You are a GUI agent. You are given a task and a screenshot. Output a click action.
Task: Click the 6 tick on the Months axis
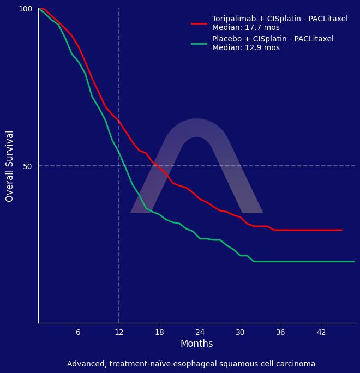(x=78, y=333)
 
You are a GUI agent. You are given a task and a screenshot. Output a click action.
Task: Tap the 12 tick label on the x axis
(x=119, y=333)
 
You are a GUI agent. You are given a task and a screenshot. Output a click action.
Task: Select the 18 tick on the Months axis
(x=159, y=333)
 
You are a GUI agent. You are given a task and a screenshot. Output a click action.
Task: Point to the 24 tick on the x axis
(x=200, y=333)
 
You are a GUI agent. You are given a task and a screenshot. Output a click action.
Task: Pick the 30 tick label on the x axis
(x=240, y=333)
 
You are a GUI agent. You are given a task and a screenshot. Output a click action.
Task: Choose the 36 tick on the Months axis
(x=280, y=333)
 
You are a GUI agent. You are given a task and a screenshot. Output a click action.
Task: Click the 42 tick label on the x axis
(x=321, y=333)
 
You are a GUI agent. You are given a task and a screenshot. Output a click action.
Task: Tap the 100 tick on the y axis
(x=26, y=9)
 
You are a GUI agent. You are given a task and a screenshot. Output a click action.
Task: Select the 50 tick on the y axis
(x=27, y=166)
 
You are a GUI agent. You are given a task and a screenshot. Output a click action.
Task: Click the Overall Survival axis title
(x=10, y=166)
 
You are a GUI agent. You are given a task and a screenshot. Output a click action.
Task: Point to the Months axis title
(x=196, y=344)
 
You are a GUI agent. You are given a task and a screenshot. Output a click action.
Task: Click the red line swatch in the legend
(x=199, y=23)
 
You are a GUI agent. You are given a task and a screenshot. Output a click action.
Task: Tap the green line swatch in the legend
(x=199, y=44)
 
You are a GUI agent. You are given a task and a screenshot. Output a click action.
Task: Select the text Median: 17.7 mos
(x=245, y=28)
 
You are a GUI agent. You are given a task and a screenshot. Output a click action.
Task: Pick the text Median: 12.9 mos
(x=245, y=48)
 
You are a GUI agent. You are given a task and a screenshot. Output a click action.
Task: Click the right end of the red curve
(x=341, y=230)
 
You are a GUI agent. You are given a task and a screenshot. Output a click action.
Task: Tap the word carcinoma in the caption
(x=296, y=364)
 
